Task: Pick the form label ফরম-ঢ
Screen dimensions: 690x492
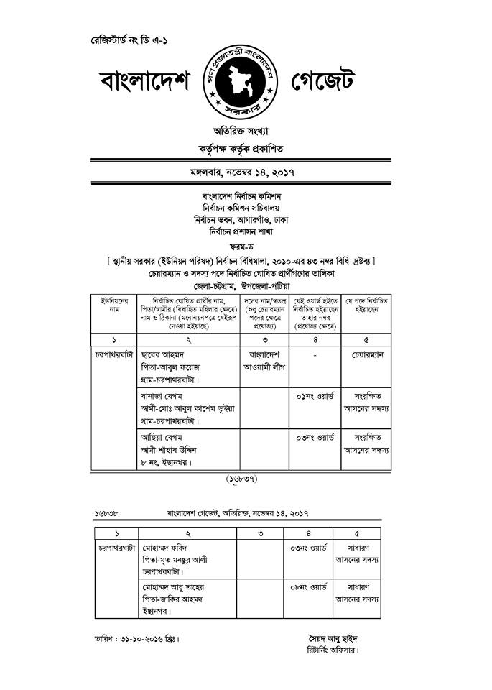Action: (242, 245)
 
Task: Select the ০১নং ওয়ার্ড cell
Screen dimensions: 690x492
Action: (316, 395)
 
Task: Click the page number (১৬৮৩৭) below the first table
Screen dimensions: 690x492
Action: (242, 477)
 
